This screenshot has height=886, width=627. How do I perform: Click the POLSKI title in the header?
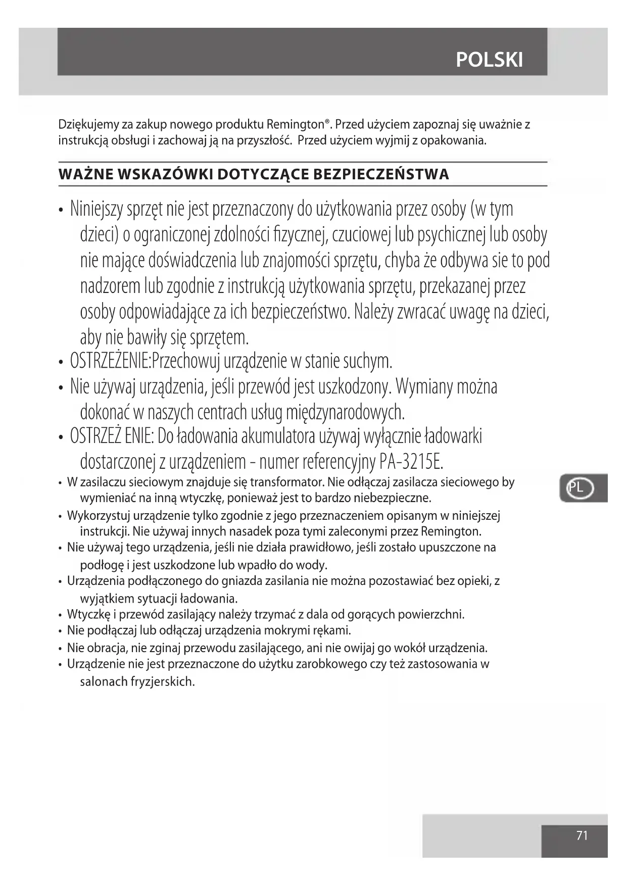tap(489, 60)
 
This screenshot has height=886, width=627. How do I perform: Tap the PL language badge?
tap(576, 488)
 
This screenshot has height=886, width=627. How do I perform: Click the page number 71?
tap(582, 835)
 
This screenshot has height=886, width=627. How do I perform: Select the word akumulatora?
tap(286, 436)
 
